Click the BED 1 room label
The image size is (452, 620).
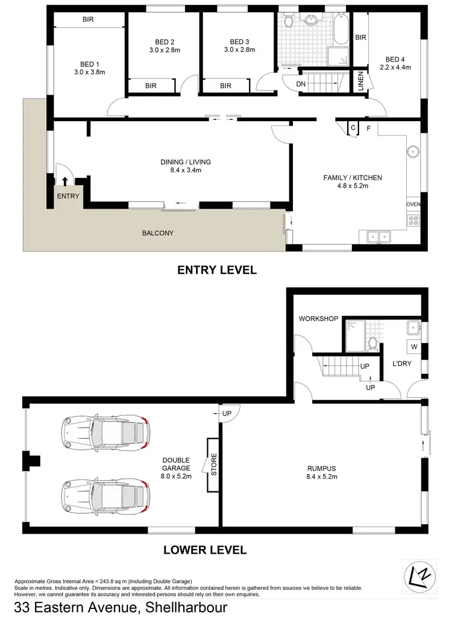89,63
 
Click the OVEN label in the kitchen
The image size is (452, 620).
413,204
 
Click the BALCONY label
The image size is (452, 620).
158,233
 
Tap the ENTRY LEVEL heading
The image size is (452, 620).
217,270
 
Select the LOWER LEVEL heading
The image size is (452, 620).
205,550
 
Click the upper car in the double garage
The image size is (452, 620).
105,432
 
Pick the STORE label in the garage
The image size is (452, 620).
213,465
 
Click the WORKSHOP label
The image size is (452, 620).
319,318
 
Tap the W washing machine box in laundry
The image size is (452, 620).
413,347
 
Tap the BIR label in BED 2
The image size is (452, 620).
151,86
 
